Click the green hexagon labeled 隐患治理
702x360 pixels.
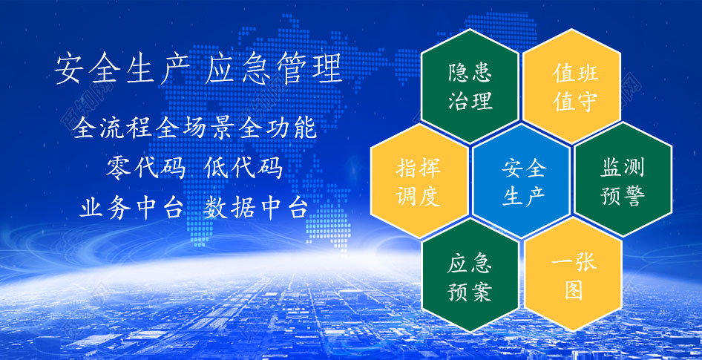click(x=470, y=86)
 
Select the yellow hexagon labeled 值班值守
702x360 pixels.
click(x=571, y=86)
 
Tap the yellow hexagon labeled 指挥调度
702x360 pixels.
click(x=419, y=180)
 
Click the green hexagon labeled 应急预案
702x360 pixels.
click(x=470, y=275)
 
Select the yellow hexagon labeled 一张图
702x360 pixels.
click(x=574, y=275)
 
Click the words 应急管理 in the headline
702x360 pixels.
click(x=273, y=68)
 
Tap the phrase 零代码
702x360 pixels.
click(x=146, y=168)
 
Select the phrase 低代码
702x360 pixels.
click(x=243, y=168)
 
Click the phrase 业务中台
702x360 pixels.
click(x=131, y=208)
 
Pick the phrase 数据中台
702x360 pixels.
click(x=255, y=208)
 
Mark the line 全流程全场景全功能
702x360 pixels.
click(x=194, y=128)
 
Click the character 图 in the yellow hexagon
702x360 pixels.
click(x=574, y=290)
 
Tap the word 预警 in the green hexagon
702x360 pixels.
click(x=623, y=196)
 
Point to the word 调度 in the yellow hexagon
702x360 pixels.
click(x=419, y=197)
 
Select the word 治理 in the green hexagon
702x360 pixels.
click(x=470, y=100)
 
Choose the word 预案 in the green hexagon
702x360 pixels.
click(x=470, y=292)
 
